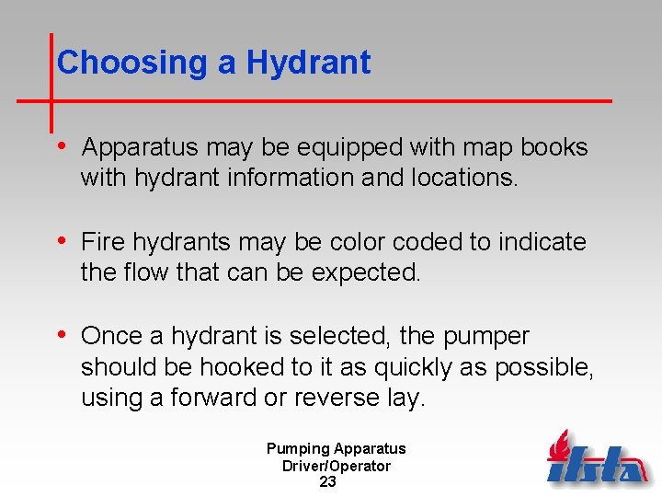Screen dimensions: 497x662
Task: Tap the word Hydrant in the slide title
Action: coord(308,63)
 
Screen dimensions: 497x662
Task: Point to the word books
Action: coord(554,147)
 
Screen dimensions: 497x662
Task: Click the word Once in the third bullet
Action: coord(108,337)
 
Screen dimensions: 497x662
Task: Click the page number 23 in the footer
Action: coord(327,482)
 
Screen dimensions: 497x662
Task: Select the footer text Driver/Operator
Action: coord(337,466)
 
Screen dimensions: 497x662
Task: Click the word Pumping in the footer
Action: coord(298,449)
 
